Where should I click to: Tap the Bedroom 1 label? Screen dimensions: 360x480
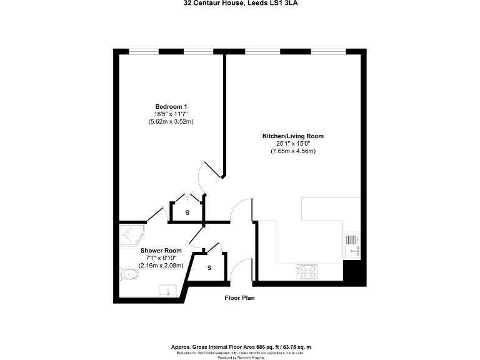(x=171, y=106)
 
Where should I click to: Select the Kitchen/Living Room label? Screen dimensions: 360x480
(x=292, y=136)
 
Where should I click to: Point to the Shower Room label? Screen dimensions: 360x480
(x=156, y=250)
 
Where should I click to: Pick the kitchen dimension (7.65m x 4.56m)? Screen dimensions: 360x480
(x=292, y=151)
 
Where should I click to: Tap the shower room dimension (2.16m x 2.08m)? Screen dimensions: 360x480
(x=156, y=266)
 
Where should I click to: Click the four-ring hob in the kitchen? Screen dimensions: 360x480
(x=307, y=271)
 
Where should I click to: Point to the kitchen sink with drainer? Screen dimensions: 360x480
(x=352, y=246)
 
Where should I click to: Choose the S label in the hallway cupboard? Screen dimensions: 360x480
(x=209, y=267)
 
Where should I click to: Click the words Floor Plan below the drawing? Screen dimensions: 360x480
(x=240, y=298)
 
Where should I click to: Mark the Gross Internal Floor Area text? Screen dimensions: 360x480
(x=241, y=347)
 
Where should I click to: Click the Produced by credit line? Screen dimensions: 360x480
(x=241, y=357)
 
